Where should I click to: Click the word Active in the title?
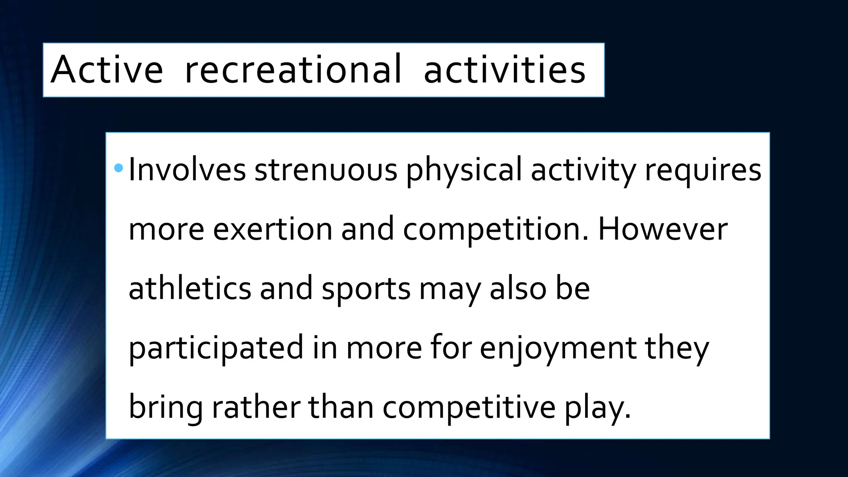107,70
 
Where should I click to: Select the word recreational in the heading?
293,70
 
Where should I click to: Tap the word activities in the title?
504,70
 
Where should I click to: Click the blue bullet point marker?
118,168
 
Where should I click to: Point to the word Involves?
187,170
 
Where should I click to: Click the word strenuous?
326,170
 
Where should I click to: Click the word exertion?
272,229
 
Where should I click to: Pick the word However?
662,229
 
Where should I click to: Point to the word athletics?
190,288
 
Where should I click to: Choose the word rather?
256,407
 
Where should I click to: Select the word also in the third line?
518,288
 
